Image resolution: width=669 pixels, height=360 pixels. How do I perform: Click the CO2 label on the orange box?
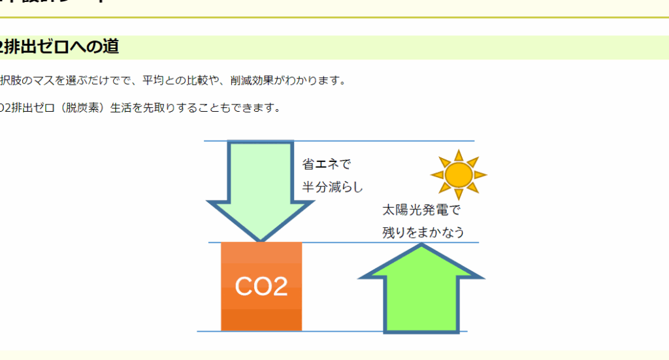pos(261,286)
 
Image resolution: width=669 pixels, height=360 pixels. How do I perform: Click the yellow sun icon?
pos(458,174)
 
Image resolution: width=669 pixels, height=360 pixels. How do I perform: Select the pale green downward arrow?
pos(260,186)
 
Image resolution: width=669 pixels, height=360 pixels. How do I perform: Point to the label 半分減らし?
pos(332,187)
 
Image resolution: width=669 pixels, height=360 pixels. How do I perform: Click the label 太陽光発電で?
pos(421,210)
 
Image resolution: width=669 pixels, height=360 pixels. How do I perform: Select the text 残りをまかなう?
pos(423,232)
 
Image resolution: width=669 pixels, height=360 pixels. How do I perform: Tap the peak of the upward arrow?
pos(421,247)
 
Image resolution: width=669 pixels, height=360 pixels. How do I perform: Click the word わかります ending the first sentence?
pos(312,80)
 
